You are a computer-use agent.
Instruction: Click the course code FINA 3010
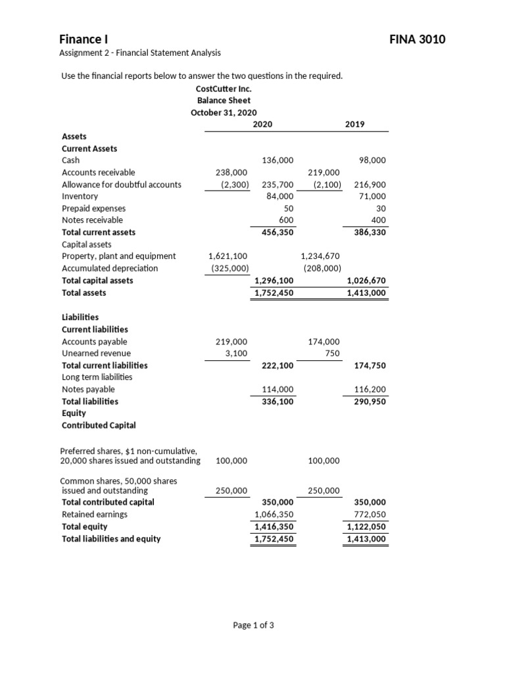418,39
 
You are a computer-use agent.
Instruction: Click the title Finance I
84,39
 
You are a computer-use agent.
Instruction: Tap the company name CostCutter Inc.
224,88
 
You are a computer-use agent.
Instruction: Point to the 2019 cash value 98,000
372,160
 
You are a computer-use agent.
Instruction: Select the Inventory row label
80,197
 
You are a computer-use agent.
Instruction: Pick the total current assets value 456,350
277,232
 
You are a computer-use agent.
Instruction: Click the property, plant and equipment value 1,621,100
228,256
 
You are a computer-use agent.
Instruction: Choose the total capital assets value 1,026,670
366,281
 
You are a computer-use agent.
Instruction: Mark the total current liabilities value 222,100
277,365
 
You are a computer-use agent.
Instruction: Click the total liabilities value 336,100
277,401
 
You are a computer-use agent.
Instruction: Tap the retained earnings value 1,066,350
274,515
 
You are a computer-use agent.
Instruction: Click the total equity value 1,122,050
366,527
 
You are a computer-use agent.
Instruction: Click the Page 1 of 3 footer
253,625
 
